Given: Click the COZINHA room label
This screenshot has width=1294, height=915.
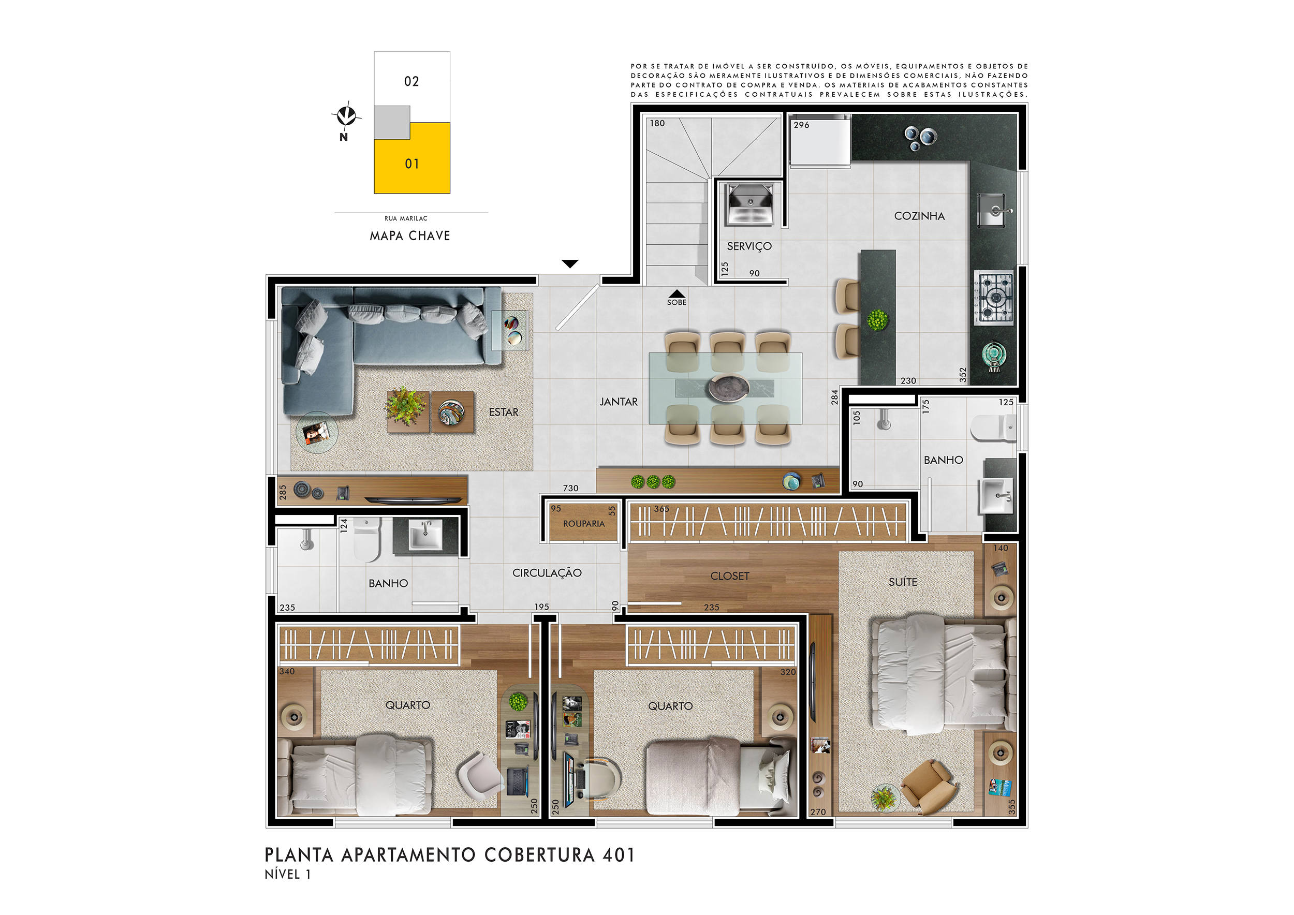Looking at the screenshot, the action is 919,216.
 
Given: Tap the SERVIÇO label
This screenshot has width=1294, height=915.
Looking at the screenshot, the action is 749,246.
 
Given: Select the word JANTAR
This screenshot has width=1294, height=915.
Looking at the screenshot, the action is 618,402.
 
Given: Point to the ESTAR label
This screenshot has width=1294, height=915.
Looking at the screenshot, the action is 503,412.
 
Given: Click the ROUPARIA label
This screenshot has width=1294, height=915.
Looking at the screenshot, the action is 583,524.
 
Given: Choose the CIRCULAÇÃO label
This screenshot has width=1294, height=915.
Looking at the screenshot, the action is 547,572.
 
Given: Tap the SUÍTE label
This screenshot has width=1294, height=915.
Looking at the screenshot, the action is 903,582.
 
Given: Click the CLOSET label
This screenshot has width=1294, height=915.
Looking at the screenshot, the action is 730,576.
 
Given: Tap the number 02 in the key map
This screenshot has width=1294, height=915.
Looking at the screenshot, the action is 411,82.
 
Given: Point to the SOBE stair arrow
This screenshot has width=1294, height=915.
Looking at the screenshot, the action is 677,293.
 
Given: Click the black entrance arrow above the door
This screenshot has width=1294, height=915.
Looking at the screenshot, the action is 570,263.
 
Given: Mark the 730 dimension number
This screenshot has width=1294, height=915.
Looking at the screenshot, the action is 570,489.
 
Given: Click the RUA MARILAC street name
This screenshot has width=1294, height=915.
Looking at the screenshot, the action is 406,218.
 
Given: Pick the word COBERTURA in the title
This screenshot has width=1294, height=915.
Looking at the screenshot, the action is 539,855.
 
